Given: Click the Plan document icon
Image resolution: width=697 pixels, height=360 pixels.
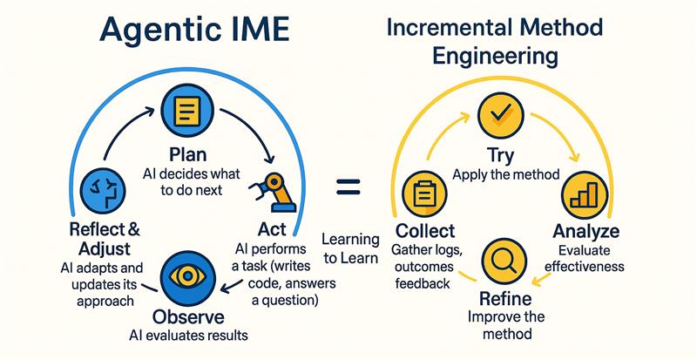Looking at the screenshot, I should click(186, 112).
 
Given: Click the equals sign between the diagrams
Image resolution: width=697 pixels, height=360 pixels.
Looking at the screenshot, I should click(348, 186).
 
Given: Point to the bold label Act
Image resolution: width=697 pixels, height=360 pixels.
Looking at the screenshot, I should click(272, 229).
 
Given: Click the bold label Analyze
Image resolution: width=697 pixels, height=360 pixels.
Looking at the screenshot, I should click(585, 232).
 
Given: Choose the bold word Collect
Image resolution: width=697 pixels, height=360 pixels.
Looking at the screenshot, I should click(424, 232).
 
